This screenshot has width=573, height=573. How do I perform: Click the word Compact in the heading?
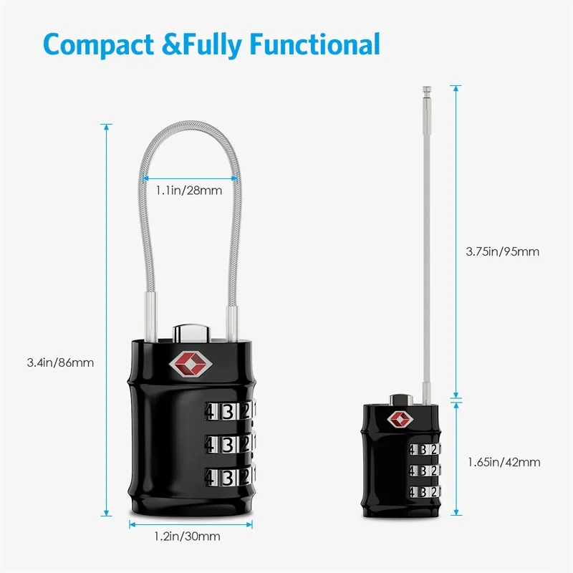click(99, 45)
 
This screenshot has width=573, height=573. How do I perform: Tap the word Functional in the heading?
click(315, 44)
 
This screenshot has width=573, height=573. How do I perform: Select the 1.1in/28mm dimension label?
click(189, 191)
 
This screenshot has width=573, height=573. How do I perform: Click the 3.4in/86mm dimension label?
click(60, 362)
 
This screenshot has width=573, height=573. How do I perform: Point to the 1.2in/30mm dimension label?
click(187, 536)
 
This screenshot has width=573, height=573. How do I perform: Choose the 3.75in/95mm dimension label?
click(503, 251)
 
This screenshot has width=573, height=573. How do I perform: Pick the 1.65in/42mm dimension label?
click(504, 462)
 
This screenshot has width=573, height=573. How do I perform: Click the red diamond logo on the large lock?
click(191, 364)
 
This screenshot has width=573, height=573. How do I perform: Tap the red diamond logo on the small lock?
click(400, 419)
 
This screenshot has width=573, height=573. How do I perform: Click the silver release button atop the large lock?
click(191, 333)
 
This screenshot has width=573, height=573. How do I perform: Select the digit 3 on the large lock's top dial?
click(228, 412)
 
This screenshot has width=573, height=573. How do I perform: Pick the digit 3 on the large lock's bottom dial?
click(228, 477)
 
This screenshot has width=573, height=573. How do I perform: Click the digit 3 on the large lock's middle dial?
click(228, 445)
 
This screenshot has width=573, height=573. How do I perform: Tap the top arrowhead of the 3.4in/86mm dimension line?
click(106, 127)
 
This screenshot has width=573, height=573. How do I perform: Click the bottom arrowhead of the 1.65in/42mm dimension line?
click(456, 512)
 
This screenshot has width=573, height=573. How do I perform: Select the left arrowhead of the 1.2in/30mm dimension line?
click(133, 525)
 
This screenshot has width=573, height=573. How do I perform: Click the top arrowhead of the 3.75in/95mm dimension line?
click(456, 88)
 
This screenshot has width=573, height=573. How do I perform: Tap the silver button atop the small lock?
click(401, 400)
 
